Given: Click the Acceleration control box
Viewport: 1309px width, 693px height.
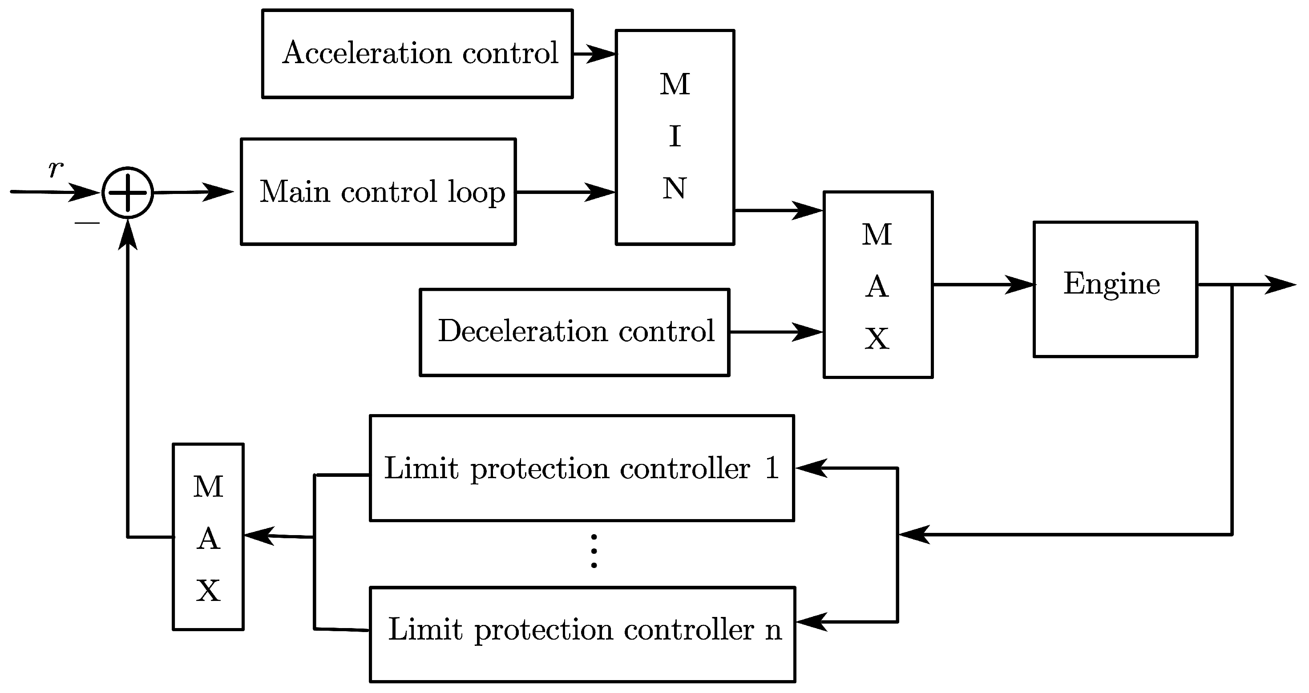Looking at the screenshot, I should click(x=417, y=53).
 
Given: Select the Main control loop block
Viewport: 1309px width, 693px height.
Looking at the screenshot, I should click(x=378, y=192).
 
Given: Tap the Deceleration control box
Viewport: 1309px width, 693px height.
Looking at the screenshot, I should click(x=574, y=332).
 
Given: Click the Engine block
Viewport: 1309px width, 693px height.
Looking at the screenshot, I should click(x=1115, y=289).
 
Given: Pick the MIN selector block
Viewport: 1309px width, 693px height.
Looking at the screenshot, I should click(x=675, y=137).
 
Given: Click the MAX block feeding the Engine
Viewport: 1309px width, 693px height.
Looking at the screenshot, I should click(x=877, y=285).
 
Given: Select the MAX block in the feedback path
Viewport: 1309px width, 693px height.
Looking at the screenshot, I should click(x=208, y=536).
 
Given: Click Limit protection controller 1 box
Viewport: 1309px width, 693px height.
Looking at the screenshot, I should click(x=582, y=468).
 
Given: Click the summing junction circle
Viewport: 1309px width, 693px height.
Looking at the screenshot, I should click(x=128, y=193).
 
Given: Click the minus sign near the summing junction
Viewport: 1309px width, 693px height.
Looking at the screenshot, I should click(x=87, y=222).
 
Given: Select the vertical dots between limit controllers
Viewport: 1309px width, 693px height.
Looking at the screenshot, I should click(x=594, y=551).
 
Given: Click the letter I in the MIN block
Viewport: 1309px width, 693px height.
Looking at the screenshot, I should click(x=675, y=136).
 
